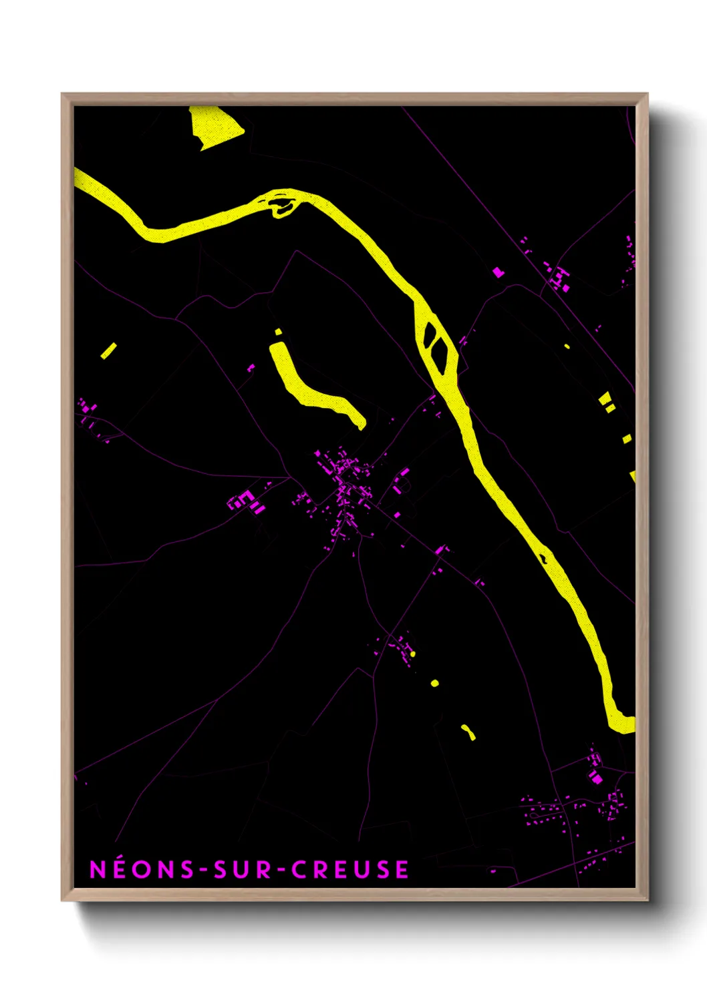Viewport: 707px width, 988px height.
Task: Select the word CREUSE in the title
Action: [x=350, y=869]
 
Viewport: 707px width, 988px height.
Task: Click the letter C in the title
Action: [x=299, y=869]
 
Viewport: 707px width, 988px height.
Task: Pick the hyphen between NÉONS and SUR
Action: [x=204, y=870]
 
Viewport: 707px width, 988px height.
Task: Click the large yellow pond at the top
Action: [x=215, y=128]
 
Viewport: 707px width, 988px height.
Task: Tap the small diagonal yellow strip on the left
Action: [x=108, y=350]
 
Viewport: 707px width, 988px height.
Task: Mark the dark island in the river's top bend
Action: [x=282, y=205]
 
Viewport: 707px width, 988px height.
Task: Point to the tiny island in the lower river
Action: [x=544, y=555]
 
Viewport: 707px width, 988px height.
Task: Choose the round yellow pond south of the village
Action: [x=435, y=683]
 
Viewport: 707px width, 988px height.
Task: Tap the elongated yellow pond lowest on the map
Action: [x=468, y=732]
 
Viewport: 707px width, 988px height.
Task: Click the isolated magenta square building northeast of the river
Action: [x=498, y=272]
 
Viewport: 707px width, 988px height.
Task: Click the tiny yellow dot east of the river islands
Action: [x=567, y=346]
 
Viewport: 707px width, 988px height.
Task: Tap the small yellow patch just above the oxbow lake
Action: [x=278, y=332]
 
